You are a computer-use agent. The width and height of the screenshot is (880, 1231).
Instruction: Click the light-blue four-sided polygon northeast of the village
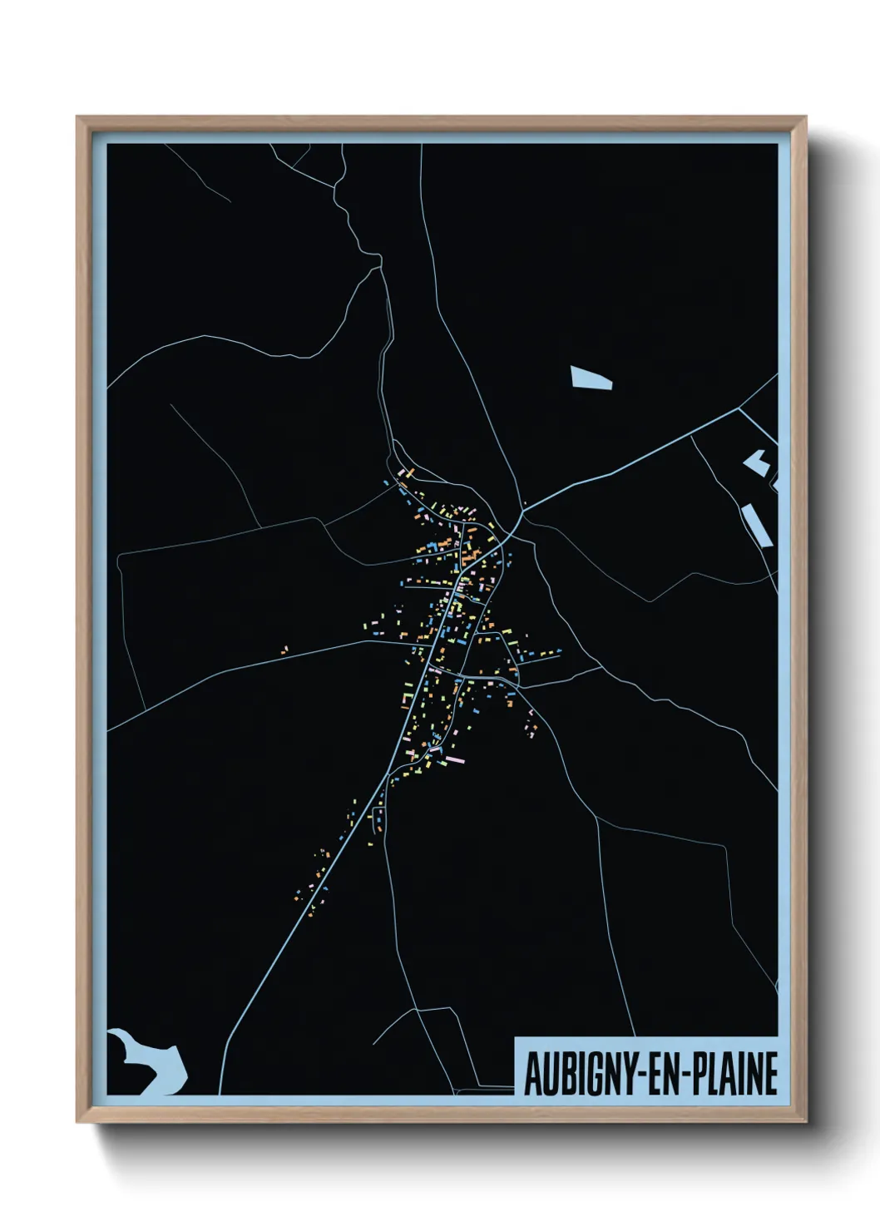591,378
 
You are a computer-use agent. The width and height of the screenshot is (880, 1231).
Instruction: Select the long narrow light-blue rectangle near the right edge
757,524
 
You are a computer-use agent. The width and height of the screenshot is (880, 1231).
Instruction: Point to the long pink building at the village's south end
455,759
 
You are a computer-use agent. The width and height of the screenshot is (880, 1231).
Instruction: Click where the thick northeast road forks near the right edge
739,408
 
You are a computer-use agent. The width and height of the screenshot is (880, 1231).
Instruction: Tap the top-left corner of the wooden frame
78,118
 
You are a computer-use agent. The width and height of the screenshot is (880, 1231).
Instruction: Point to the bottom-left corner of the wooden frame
78,1122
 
